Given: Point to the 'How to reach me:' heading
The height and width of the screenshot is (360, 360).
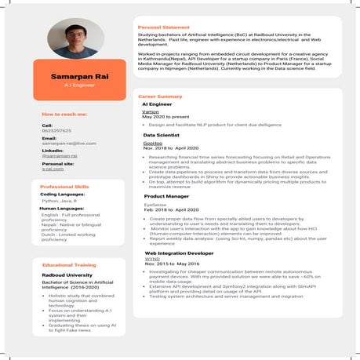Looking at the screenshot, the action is (65, 115).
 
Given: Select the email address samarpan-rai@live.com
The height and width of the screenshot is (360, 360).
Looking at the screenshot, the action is (68, 144).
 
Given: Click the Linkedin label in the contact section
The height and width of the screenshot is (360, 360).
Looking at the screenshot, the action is (53, 150).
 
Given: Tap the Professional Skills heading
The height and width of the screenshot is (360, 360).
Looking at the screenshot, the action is (65, 187).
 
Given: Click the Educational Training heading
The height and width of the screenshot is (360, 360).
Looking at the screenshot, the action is (69, 265).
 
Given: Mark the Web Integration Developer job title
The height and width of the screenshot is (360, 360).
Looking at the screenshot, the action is (180, 253).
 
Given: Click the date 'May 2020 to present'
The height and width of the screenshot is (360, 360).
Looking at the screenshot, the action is (167, 116).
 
